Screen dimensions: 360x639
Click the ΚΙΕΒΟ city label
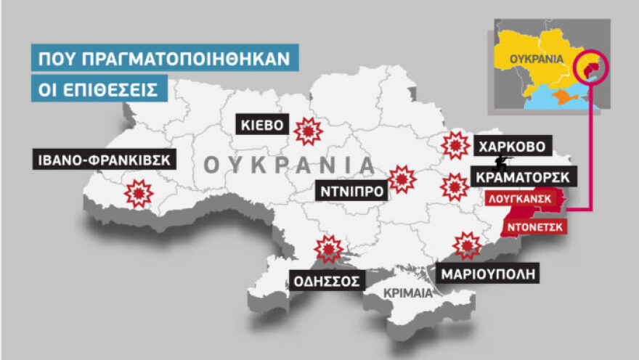pos(262,125)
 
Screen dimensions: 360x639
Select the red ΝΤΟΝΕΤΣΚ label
pos(534,226)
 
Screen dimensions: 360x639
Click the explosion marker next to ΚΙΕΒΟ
pos(309,131)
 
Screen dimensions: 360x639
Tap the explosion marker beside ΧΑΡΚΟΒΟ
pos(455,145)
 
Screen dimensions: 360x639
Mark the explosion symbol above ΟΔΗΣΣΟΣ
pos(329,249)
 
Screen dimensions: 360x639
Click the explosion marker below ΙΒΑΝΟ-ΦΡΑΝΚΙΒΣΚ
pos(139,193)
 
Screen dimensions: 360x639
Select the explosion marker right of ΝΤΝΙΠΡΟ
pos(402,179)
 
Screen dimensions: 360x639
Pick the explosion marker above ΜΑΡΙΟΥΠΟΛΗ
pos(467,245)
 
